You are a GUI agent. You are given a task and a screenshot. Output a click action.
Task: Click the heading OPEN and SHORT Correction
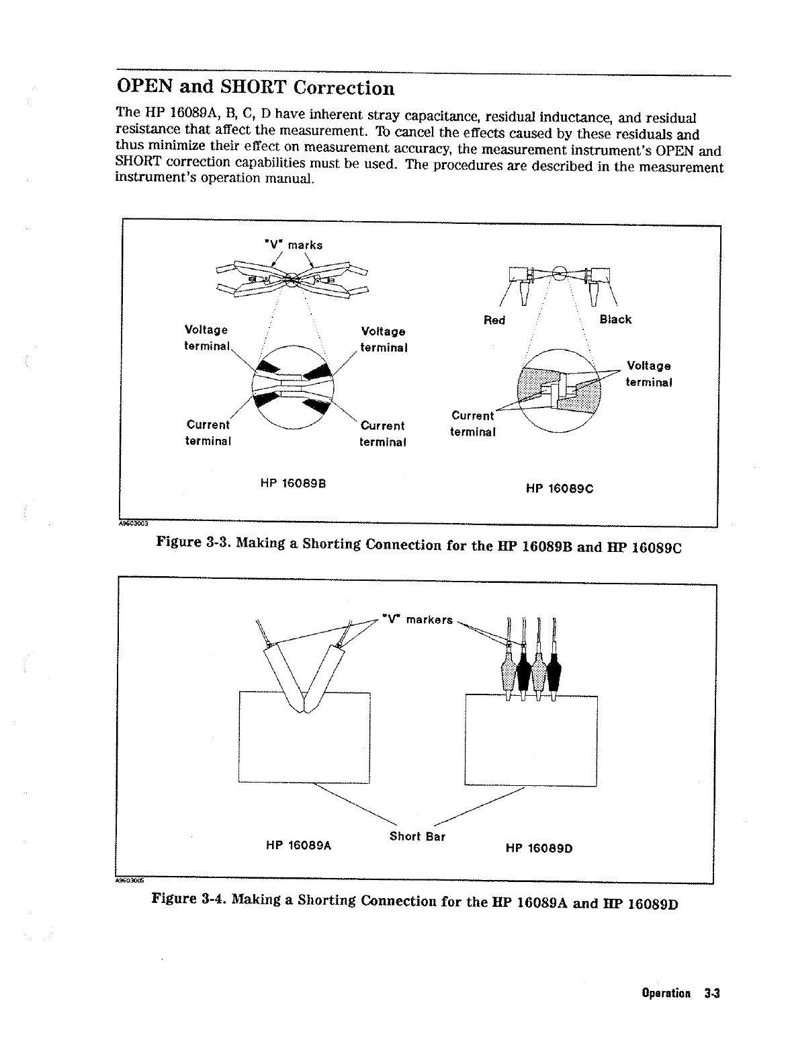click(255, 87)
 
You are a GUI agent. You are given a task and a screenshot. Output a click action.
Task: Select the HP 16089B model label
click(293, 483)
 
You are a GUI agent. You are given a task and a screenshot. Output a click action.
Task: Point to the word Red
click(494, 320)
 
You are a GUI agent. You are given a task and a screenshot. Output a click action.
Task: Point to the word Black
click(615, 319)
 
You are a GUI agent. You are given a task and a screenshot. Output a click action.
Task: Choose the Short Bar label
click(417, 836)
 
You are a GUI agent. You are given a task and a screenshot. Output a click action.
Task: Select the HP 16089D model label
click(539, 848)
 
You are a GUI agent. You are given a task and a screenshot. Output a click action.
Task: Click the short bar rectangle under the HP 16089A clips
click(305, 746)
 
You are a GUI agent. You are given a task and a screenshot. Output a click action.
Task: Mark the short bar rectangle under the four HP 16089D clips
click(531, 746)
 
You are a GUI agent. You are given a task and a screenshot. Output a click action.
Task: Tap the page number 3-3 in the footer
click(712, 993)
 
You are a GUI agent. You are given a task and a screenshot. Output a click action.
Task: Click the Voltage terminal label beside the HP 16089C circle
click(649, 374)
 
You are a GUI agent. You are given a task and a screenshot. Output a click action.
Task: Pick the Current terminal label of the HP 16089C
click(473, 424)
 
